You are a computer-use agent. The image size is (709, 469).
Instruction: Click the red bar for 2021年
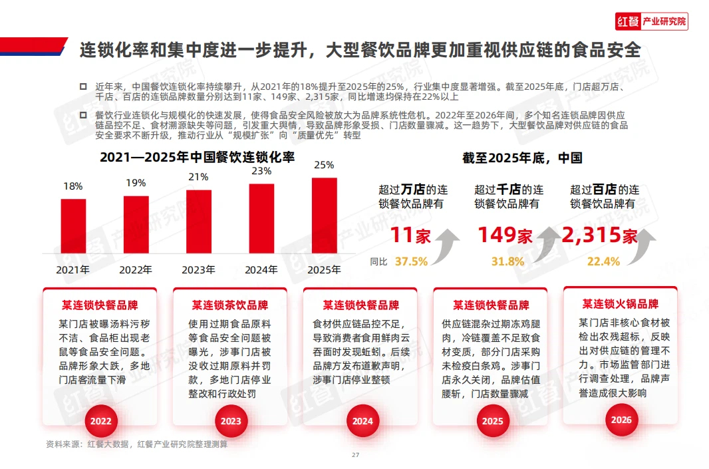(x=73, y=226)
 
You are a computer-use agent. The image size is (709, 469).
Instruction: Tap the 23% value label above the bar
(x=261, y=171)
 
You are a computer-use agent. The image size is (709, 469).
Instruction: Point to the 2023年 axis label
(x=199, y=270)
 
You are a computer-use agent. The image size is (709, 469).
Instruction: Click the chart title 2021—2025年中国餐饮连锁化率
(x=197, y=158)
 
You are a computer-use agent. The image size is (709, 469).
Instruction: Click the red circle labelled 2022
(x=101, y=421)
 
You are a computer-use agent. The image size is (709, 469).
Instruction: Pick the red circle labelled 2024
(x=362, y=421)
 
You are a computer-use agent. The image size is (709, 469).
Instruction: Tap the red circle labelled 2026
(x=620, y=420)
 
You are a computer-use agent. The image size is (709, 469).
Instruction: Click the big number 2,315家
(x=600, y=235)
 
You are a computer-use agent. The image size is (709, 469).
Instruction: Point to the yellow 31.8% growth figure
(x=507, y=261)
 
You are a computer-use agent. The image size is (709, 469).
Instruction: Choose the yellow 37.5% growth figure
(x=411, y=261)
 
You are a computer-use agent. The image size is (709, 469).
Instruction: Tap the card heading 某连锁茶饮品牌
(x=230, y=305)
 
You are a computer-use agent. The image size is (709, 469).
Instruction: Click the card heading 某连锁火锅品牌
(x=621, y=304)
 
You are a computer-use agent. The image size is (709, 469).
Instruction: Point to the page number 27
(x=355, y=455)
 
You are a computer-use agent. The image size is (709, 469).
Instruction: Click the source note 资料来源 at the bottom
(x=136, y=444)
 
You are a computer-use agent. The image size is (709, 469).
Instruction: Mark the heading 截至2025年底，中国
(x=522, y=158)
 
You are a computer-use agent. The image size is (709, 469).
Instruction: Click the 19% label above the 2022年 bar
(x=136, y=182)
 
